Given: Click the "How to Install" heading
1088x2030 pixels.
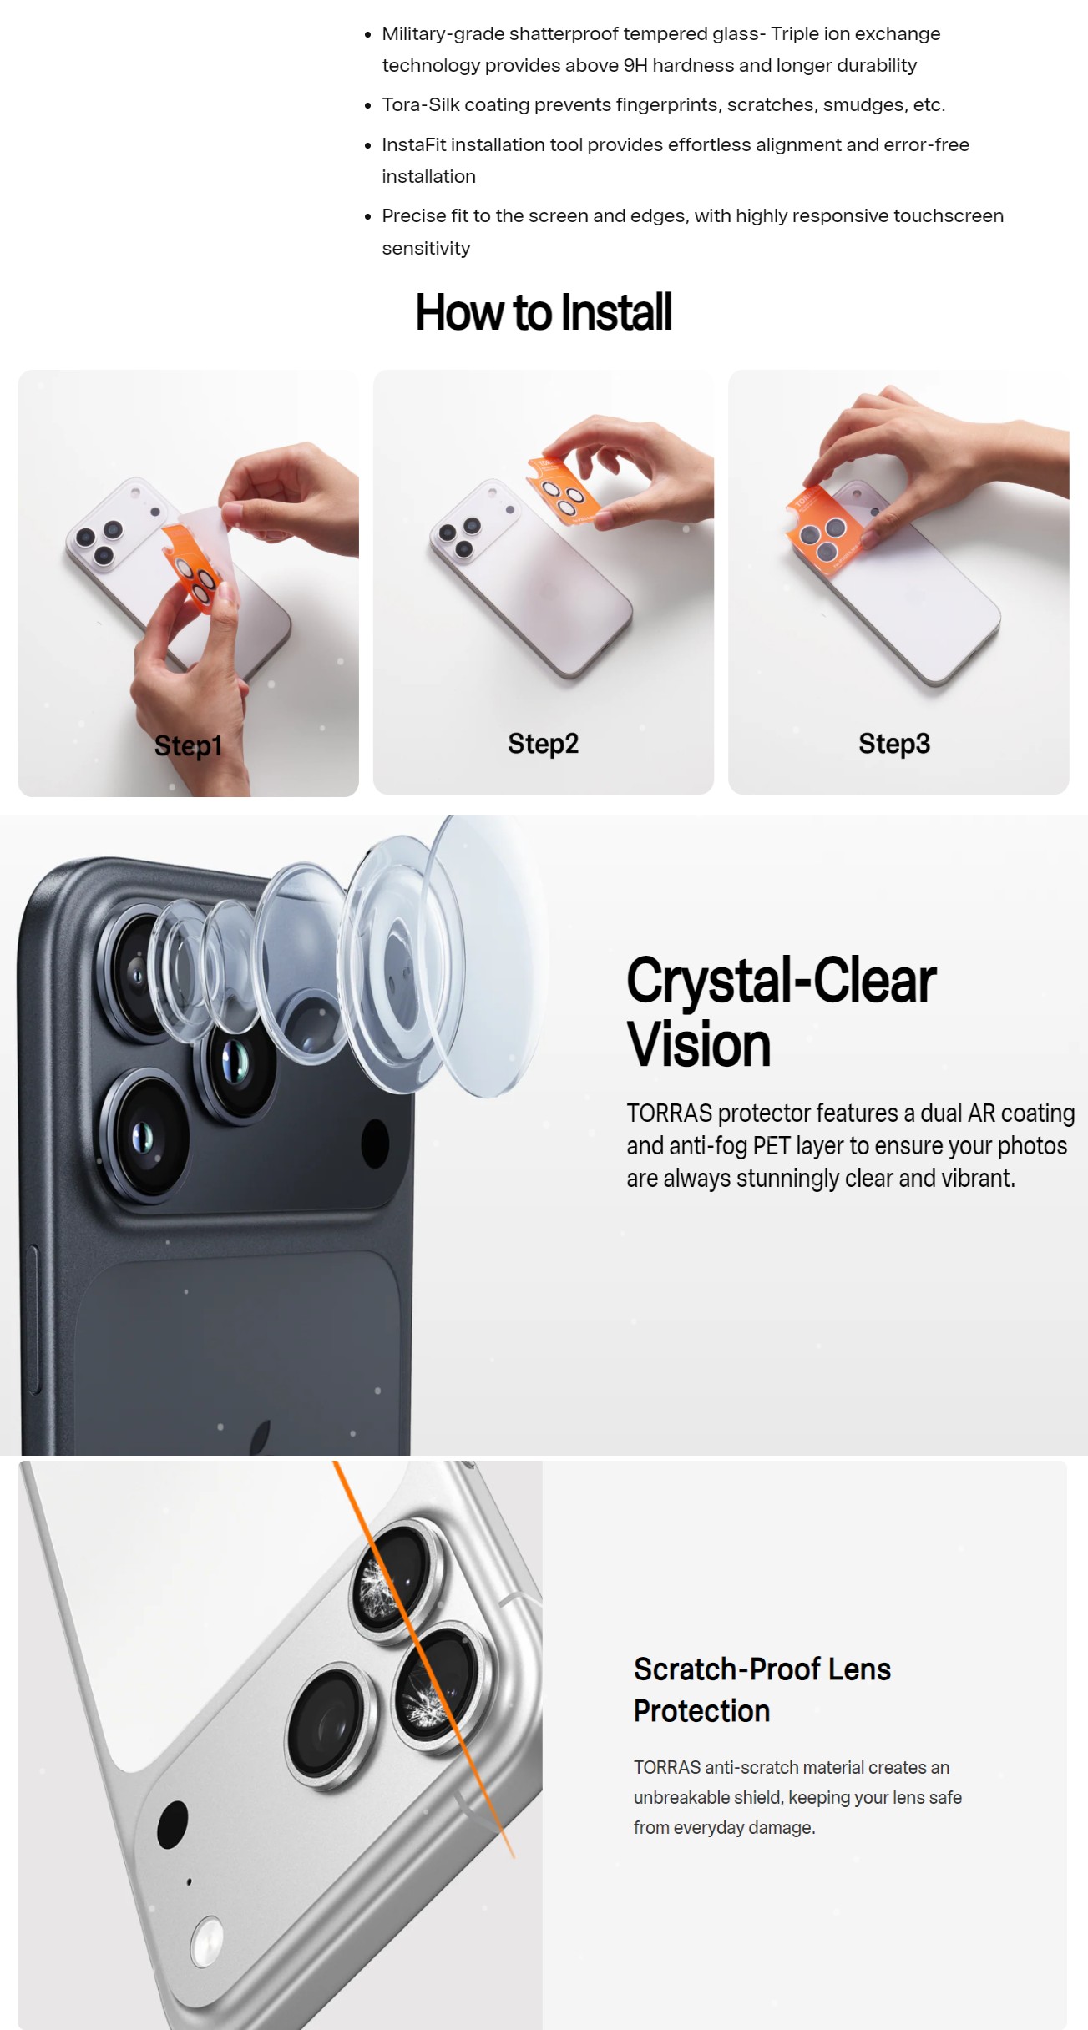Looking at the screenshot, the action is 544,312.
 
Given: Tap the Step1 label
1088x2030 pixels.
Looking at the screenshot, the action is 188,745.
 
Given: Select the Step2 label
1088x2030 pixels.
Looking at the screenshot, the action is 543,744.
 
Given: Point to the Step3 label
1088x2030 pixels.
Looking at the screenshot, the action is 894,744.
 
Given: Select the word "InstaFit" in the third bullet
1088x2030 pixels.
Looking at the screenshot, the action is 413,144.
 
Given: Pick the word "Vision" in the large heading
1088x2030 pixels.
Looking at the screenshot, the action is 699,1045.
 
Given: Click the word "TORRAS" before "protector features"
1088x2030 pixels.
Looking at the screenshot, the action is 670,1113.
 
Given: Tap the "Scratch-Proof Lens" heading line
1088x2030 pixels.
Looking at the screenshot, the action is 762,1669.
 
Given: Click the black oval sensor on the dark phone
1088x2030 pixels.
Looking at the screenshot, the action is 375,1143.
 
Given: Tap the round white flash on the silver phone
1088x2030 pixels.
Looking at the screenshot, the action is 206,1942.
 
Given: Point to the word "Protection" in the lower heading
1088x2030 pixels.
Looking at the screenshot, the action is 701,1711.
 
